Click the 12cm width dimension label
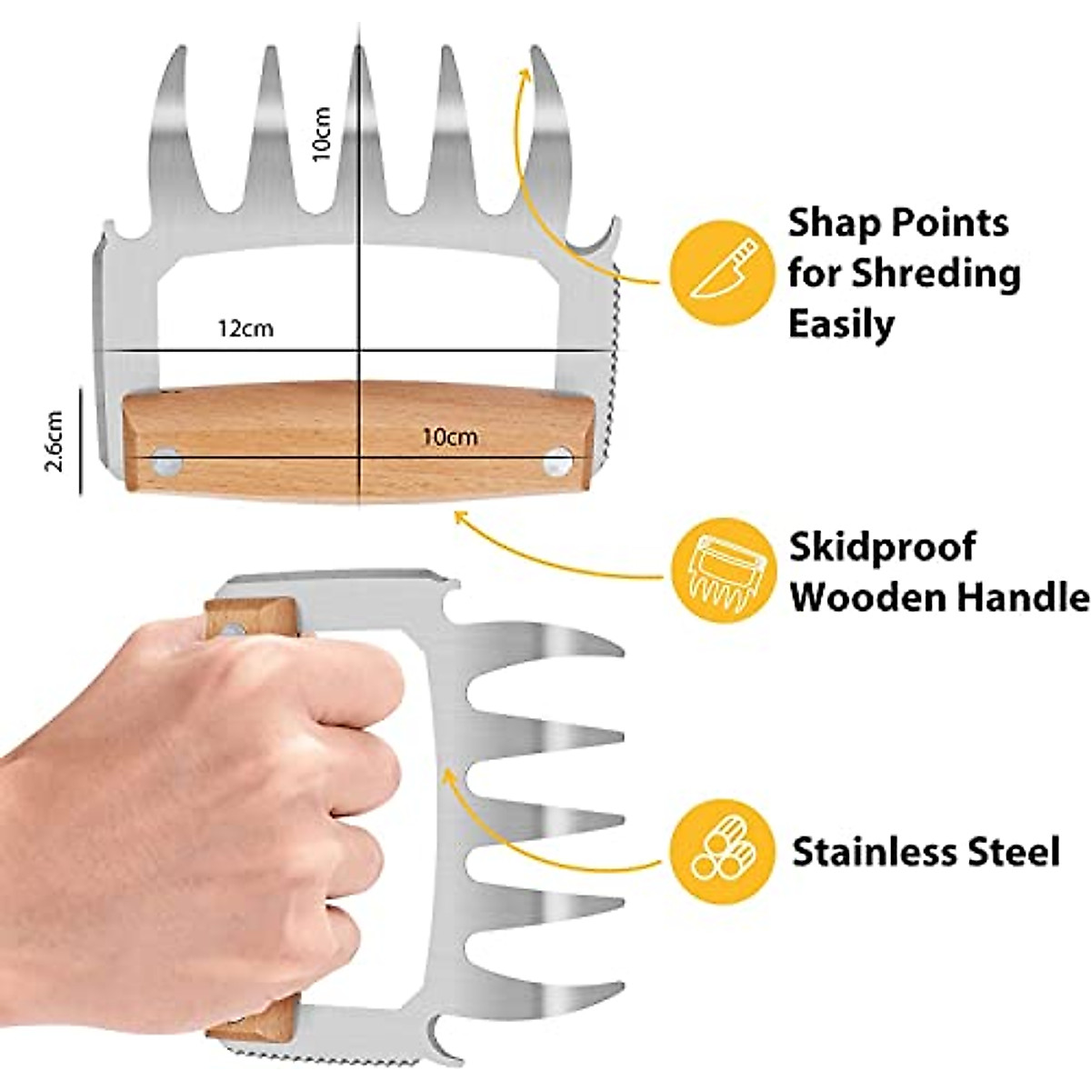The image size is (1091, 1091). click(x=245, y=328)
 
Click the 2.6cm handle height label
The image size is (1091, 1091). click(x=55, y=441)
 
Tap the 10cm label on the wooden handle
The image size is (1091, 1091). click(x=450, y=437)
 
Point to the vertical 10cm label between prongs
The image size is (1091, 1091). click(x=324, y=134)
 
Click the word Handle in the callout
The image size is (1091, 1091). click(x=1019, y=597)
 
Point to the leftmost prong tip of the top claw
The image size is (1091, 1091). click(x=174, y=55)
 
